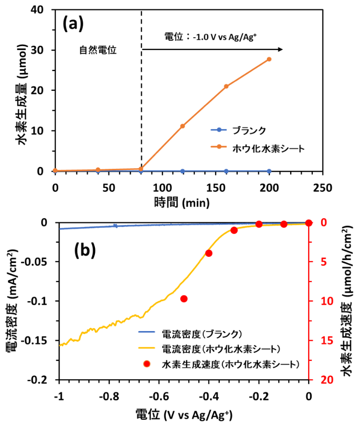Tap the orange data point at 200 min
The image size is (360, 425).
[x=269, y=59]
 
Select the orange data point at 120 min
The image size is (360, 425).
[x=182, y=126]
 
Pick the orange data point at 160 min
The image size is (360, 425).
[x=226, y=86]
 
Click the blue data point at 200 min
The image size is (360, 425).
[x=269, y=171]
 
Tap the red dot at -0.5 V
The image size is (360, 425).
[x=184, y=299]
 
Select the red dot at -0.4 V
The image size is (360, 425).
[x=209, y=253]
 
